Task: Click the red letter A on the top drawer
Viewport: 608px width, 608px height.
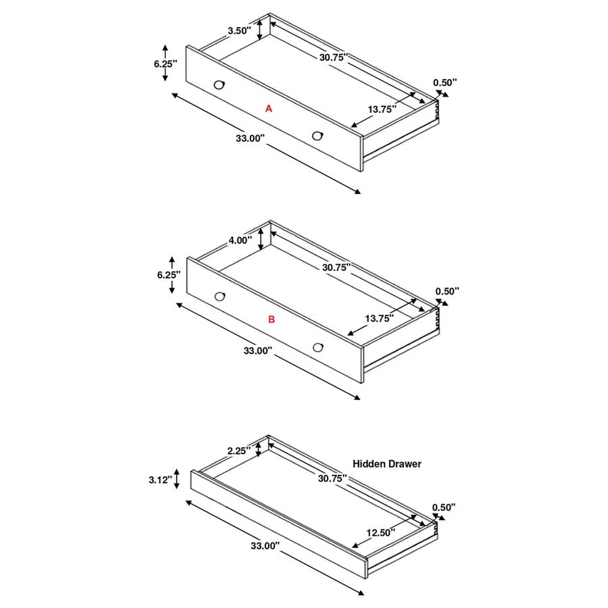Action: coord(268,108)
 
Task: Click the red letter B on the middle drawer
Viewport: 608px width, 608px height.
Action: coord(272,320)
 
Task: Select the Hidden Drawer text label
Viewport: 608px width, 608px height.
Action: coord(387,464)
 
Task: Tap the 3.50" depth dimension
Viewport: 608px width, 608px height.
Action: coord(239,30)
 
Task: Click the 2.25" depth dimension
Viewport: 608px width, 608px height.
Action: coord(238,450)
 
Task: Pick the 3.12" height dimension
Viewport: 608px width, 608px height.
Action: coord(161,480)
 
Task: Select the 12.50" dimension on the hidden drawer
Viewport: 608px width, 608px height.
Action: coord(380,532)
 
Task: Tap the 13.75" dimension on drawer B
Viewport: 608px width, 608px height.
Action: coord(379,318)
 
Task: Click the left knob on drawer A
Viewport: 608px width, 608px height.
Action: coord(219,84)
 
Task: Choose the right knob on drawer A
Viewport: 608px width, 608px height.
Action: coord(318,136)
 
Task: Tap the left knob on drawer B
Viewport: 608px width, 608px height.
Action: coord(220,296)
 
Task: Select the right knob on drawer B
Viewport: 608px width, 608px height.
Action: coord(318,347)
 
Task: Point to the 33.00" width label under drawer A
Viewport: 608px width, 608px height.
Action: coord(250,138)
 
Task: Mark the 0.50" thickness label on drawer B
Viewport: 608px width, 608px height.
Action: coord(447,291)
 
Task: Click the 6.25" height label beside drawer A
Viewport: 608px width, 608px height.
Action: coord(165,63)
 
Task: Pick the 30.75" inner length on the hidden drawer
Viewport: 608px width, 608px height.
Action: coord(332,478)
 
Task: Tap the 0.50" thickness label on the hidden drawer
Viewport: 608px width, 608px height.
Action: coord(444,507)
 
